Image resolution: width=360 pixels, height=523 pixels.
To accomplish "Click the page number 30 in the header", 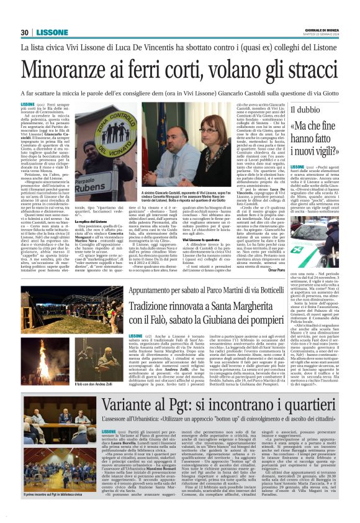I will click(x=24, y=32).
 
